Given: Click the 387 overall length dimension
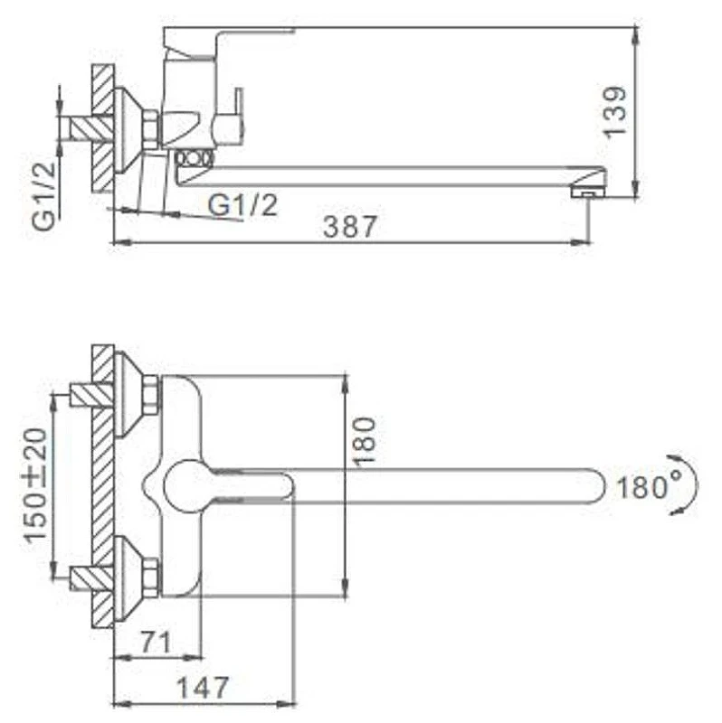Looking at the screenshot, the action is coord(350,227).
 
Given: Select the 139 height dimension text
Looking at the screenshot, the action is coord(616,110).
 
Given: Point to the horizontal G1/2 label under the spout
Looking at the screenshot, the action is coord(242,205).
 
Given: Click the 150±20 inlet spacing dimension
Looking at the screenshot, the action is coord(36,485).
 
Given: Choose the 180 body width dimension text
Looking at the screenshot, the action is coord(364,441).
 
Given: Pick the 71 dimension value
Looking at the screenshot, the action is coord(156,642).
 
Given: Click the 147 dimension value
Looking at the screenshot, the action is coord(204,688).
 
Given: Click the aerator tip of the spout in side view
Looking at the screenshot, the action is coord(588,191).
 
